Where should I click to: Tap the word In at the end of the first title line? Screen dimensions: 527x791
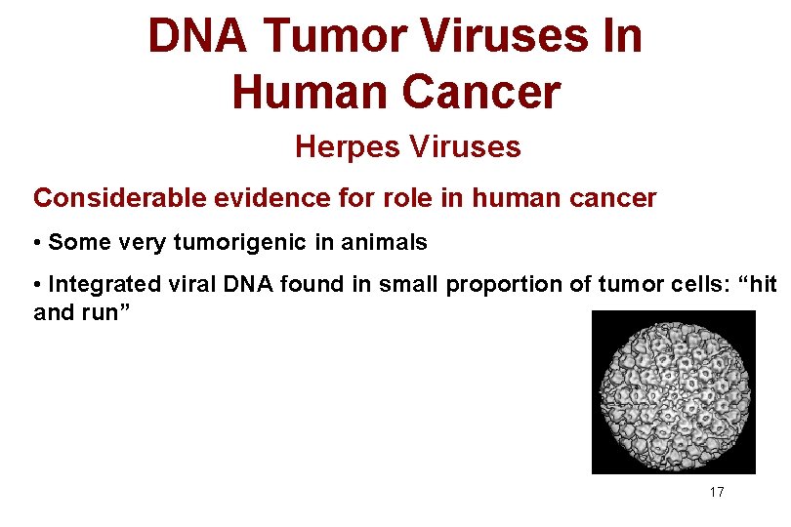tap(621, 37)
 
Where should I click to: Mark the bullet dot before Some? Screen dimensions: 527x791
tap(38, 242)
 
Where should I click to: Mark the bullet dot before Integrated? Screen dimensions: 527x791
tap(38, 285)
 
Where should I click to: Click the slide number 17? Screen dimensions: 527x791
tap(717, 492)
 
